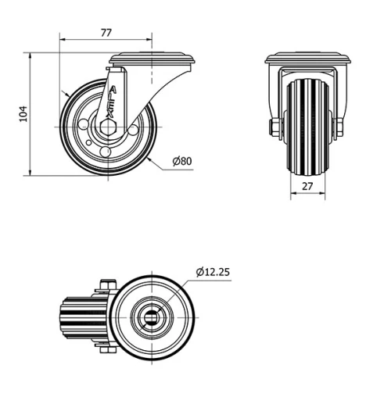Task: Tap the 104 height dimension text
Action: click(x=22, y=115)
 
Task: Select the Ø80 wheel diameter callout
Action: click(x=181, y=162)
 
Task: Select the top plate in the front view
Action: click(x=307, y=60)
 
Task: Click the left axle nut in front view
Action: click(x=275, y=126)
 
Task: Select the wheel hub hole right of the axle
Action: click(x=134, y=127)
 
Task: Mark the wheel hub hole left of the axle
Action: click(x=84, y=123)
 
